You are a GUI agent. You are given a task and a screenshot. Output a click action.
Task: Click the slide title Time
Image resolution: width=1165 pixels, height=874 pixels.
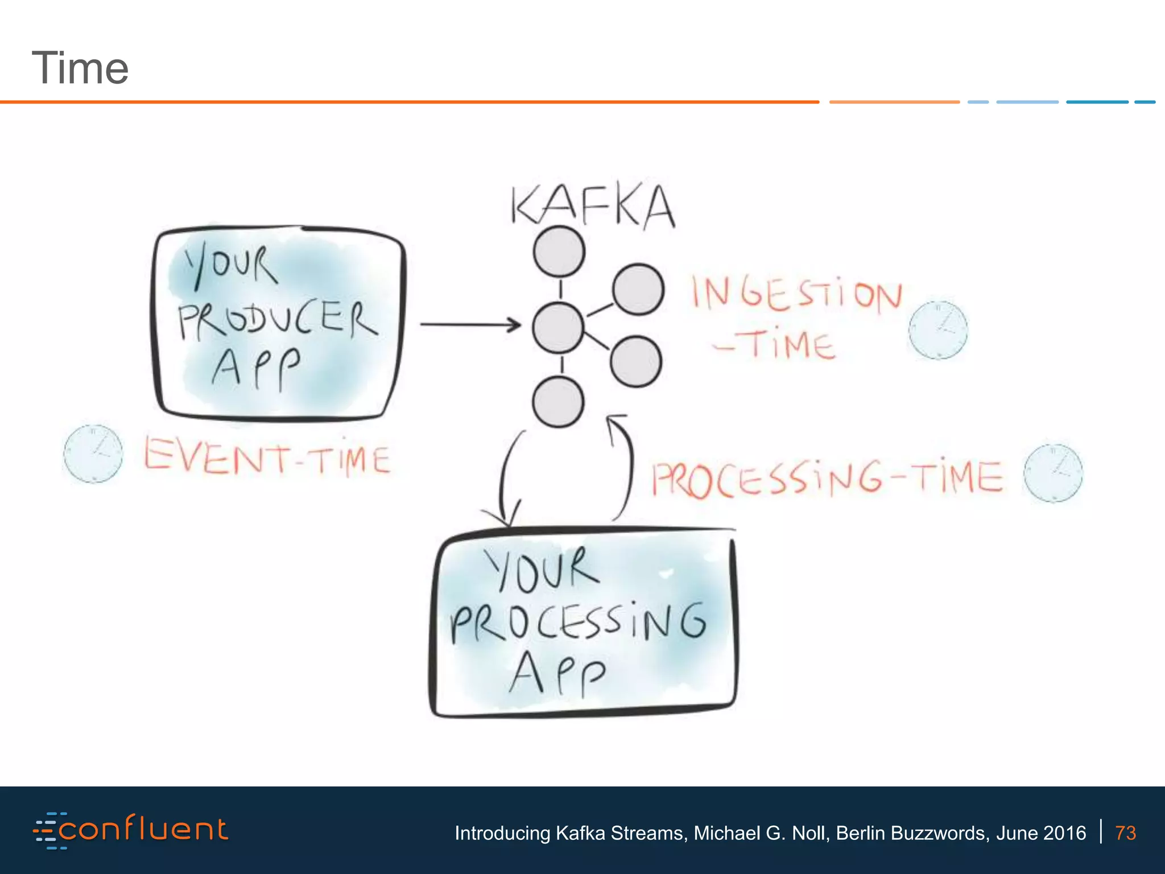80,68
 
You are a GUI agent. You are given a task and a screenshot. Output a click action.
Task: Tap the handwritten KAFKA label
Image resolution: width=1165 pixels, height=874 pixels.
592,206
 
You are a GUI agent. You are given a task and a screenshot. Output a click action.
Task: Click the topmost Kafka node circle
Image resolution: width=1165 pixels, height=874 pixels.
559,252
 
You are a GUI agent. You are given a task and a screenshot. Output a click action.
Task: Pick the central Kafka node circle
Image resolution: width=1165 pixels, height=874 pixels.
558,327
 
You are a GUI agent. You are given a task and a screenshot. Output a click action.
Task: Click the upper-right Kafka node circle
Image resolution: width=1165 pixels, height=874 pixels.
638,289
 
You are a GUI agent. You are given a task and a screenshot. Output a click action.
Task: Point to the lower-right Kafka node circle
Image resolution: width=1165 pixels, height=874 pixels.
635,361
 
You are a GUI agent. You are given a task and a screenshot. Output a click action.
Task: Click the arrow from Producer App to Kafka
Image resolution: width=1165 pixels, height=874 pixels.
470,325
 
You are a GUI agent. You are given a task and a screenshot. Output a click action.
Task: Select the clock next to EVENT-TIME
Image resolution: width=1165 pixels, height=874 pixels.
93,454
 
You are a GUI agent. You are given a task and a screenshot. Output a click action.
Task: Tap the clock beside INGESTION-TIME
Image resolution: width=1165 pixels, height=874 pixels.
937,330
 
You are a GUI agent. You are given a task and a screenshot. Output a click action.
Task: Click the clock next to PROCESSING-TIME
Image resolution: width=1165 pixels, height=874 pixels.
1053,473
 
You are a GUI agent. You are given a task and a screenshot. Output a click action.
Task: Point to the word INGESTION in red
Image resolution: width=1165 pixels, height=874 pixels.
796,294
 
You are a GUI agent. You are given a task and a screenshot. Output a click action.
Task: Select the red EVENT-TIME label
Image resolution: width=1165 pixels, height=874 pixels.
267,457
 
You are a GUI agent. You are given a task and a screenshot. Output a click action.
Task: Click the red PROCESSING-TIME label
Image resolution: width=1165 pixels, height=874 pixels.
827,478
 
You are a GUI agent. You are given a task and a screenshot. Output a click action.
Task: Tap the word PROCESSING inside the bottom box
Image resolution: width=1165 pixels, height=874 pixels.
578,623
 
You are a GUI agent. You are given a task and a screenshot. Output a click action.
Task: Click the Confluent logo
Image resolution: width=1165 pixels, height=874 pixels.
131,830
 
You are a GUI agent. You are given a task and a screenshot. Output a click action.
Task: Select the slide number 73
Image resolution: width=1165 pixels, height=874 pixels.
1125,833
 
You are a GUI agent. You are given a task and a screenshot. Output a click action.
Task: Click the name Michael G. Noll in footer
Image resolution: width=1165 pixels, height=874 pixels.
760,833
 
